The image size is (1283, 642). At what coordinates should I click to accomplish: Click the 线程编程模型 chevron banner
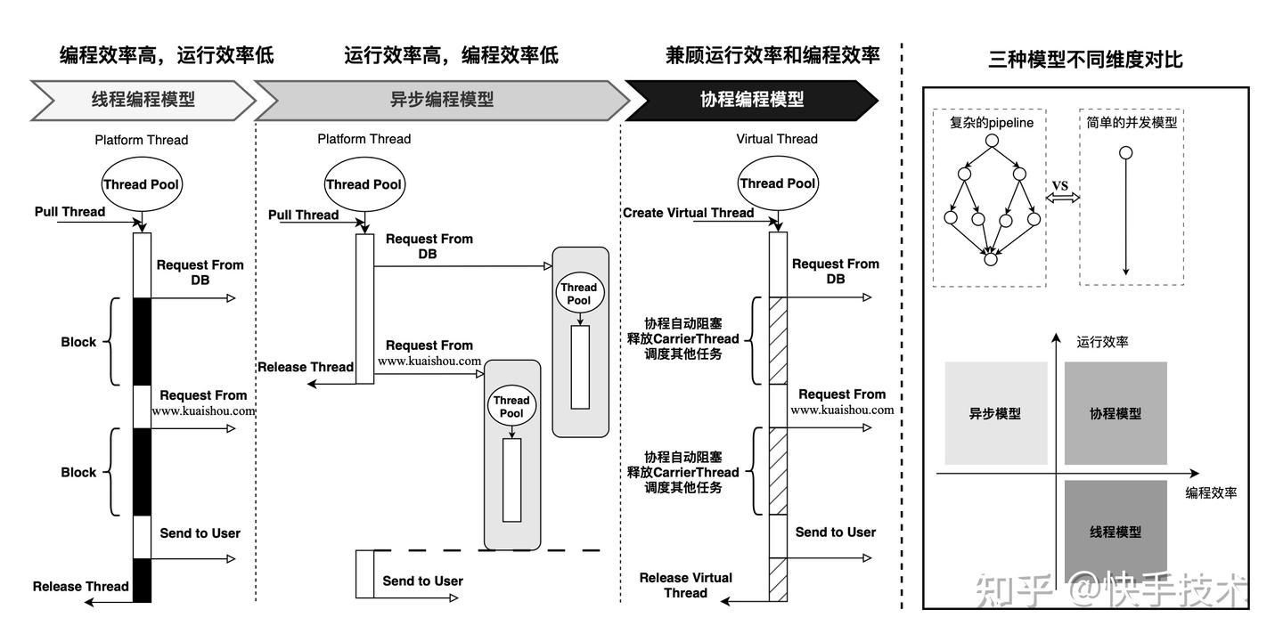tap(143, 100)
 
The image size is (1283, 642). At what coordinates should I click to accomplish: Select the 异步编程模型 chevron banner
tap(441, 100)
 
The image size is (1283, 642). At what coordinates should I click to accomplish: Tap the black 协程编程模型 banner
tap(751, 100)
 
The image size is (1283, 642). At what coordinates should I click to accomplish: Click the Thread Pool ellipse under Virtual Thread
tap(777, 183)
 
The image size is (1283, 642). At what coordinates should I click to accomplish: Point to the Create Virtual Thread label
tap(688, 213)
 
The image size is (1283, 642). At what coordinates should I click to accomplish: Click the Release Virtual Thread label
tap(685, 585)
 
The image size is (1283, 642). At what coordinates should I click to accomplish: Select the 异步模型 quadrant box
tap(994, 413)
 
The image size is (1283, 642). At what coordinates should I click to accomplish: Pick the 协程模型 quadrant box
tap(1115, 413)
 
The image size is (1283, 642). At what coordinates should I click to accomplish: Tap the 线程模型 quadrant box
tap(1115, 532)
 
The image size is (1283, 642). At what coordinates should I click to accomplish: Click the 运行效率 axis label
tap(1102, 341)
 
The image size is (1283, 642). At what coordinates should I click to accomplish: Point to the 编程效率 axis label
tap(1211, 492)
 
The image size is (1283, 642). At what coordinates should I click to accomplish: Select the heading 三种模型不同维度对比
tap(1085, 60)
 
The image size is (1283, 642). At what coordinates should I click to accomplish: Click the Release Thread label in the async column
tap(306, 367)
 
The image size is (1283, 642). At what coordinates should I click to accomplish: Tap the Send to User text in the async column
tap(422, 581)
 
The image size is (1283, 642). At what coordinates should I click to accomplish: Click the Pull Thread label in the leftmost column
tap(69, 212)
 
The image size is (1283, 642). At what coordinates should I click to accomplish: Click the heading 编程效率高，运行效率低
tap(167, 55)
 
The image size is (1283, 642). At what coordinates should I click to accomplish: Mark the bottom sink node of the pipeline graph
tap(990, 259)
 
